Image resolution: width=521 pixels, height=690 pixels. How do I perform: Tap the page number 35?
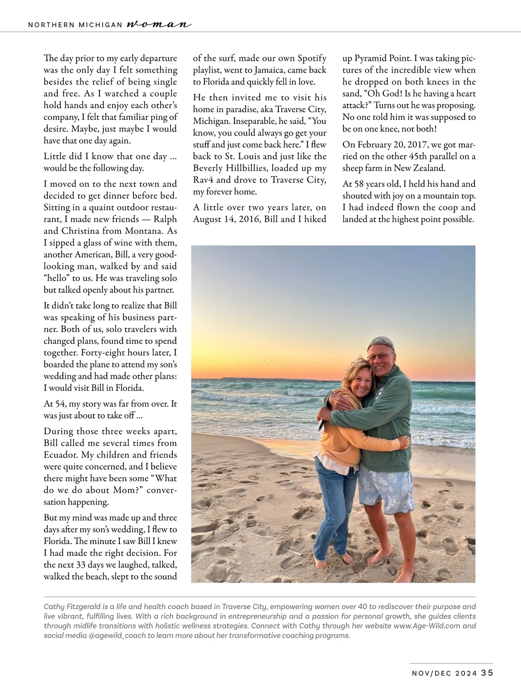click(487, 673)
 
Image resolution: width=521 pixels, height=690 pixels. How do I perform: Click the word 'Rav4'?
click(202, 179)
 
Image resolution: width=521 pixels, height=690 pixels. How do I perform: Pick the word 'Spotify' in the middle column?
click(311, 58)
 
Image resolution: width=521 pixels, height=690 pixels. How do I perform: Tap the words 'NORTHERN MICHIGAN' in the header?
click(75, 25)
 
